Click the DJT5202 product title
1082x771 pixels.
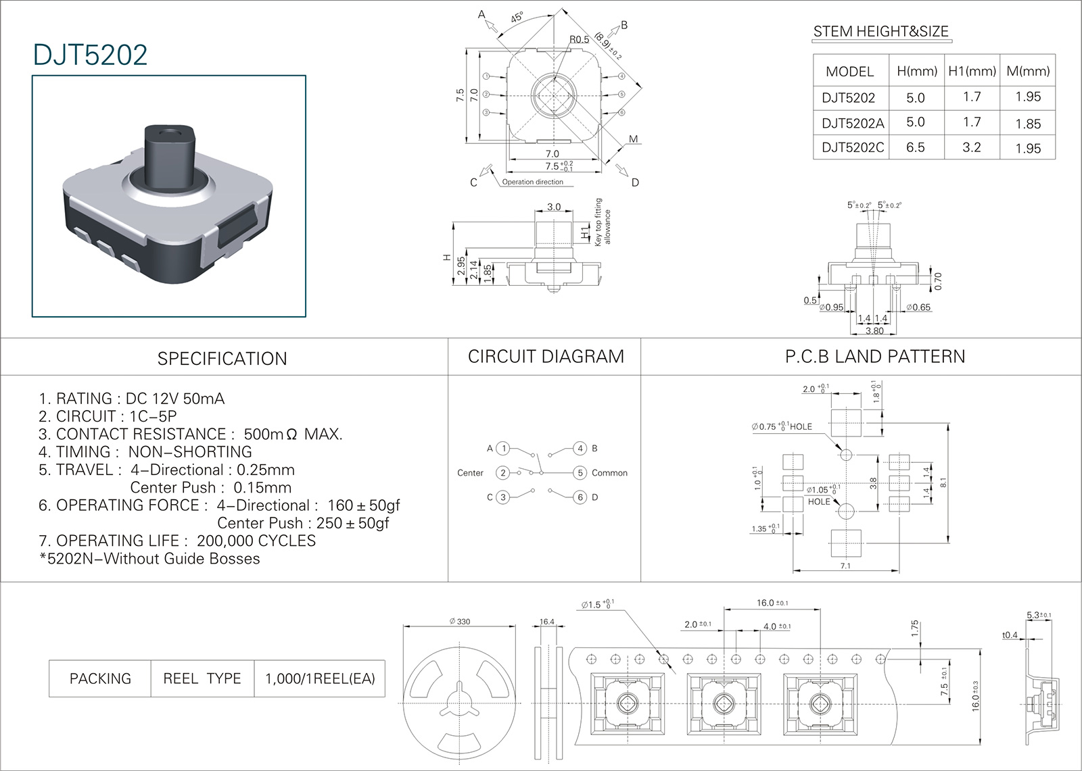[90, 55]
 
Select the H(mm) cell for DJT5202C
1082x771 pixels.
[915, 147]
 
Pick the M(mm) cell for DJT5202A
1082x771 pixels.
[1028, 123]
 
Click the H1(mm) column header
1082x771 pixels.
[972, 71]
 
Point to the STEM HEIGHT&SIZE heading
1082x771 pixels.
[880, 31]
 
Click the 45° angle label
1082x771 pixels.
[517, 18]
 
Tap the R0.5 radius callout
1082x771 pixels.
[579, 39]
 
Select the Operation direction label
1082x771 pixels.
[532, 182]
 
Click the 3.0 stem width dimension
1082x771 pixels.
[554, 207]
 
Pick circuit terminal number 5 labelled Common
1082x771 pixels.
[580, 473]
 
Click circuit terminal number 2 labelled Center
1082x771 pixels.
[502, 473]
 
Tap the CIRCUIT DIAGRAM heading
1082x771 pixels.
[546, 356]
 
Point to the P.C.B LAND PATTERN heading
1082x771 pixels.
[875, 356]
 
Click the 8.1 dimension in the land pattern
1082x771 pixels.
[943, 482]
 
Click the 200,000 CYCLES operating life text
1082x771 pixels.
[256, 541]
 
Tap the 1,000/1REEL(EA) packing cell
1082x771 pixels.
[320, 678]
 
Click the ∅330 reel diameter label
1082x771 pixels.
[460, 621]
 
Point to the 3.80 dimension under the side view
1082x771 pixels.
[874, 330]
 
